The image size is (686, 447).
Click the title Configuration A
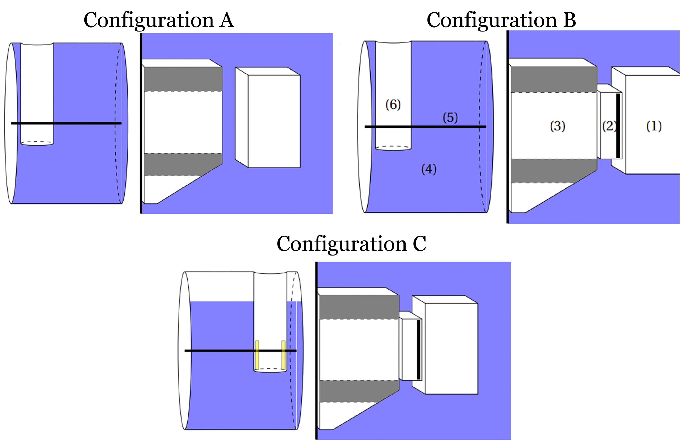[159, 20]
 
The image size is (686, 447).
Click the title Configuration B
[501, 20]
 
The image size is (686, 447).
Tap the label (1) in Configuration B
[654, 126]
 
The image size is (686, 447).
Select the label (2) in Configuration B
[609, 126]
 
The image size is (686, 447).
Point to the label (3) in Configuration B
[557, 126]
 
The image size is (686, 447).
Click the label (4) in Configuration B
[429, 169]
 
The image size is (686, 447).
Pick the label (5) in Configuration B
[450, 118]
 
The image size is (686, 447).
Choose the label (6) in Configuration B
[393, 104]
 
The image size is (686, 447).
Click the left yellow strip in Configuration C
[257, 355]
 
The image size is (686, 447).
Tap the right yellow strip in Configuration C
[283, 355]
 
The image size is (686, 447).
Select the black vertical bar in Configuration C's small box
[419, 350]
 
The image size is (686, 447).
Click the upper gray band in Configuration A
[183, 79]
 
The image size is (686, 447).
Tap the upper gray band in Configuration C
[359, 307]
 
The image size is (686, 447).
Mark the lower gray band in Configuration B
[553, 171]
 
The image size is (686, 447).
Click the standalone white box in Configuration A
[274, 121]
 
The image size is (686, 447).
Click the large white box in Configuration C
[451, 349]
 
